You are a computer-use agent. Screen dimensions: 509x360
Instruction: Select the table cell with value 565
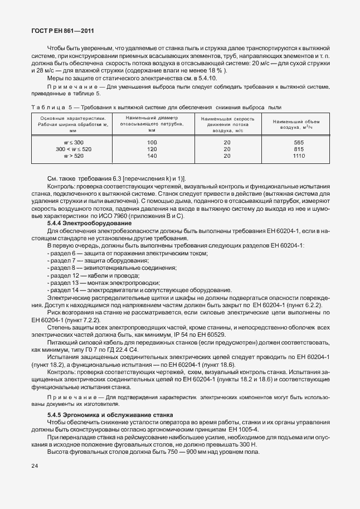[299, 143]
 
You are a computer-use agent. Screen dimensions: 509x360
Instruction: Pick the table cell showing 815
[299, 149]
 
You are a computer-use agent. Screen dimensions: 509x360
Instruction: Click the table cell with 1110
[299, 156]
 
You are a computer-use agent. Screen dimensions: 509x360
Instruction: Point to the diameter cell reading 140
[152, 156]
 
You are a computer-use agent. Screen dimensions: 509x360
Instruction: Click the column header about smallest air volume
[299, 124]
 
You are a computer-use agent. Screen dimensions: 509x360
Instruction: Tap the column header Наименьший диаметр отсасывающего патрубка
[152, 124]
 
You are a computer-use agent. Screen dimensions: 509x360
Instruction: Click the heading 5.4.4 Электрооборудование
[84, 222]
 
